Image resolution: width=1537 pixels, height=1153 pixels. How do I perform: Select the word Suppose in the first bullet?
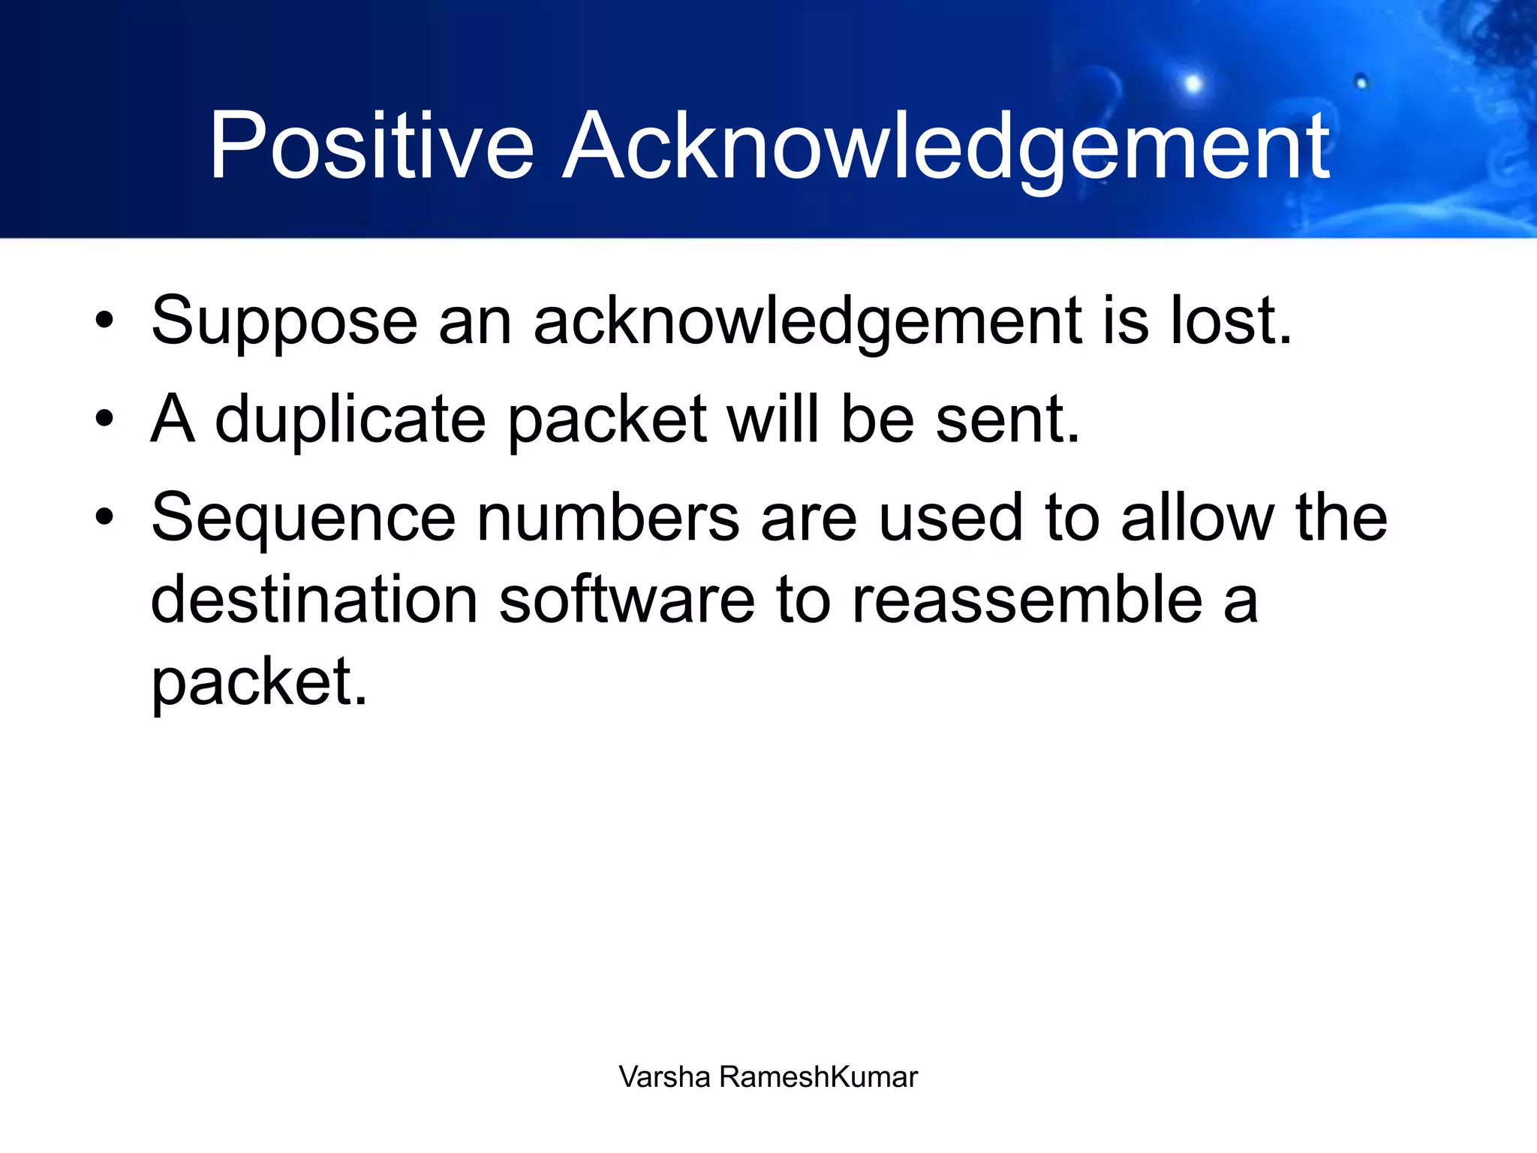284,321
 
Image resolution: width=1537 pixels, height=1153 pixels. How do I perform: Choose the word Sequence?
303,518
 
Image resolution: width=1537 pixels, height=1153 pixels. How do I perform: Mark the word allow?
1198,518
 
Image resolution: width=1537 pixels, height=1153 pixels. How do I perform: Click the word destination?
314,600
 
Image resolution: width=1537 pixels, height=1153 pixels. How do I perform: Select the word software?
627,600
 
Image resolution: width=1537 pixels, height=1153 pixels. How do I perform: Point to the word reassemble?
1027,600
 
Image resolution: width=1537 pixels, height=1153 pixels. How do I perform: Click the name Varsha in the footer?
664,1076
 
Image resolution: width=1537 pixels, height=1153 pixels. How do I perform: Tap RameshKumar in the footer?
818,1076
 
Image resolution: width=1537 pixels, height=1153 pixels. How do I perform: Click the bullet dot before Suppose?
104,321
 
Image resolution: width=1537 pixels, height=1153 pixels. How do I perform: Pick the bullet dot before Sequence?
104,517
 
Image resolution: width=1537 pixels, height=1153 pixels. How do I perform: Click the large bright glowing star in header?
1193,83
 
